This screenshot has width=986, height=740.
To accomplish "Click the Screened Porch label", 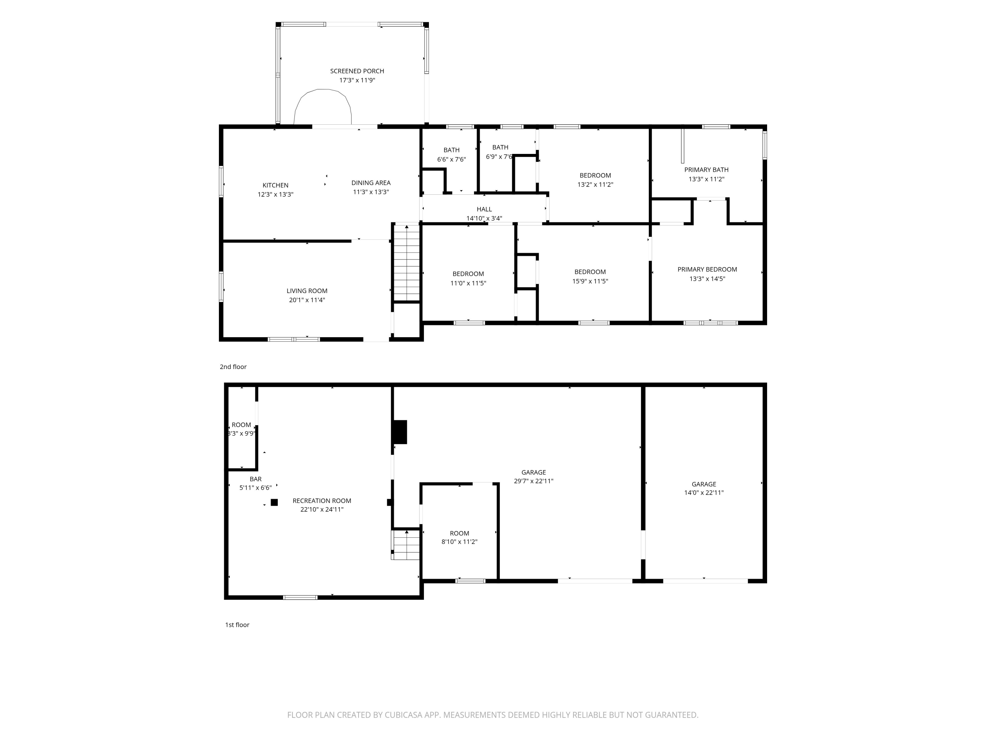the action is (x=357, y=71).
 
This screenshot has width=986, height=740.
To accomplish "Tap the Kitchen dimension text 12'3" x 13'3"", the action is (x=275, y=194).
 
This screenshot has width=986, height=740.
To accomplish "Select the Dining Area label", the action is (x=371, y=183).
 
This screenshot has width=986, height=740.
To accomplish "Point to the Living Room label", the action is (x=307, y=291).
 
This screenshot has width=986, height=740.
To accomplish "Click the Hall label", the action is (x=484, y=209).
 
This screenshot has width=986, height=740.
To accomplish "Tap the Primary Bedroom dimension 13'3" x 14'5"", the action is (x=707, y=279).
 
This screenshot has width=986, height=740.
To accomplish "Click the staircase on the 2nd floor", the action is (x=407, y=263).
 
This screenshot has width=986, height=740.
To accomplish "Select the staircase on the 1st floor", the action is (x=406, y=545).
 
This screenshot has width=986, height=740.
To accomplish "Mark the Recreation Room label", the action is (x=322, y=501).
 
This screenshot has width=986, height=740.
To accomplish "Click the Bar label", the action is (x=256, y=479).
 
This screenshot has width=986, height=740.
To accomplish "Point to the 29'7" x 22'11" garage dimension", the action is (x=533, y=481).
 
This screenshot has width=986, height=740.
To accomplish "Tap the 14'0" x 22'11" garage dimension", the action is (x=704, y=493).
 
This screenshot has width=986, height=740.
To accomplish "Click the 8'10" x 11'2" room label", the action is (x=459, y=542).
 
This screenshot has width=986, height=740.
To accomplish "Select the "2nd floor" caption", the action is (x=233, y=367).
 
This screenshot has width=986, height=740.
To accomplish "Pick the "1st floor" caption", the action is (x=237, y=625).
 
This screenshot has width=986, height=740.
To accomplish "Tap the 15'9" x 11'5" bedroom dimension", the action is (x=590, y=282).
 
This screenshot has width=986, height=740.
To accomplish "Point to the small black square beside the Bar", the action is (x=274, y=502).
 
